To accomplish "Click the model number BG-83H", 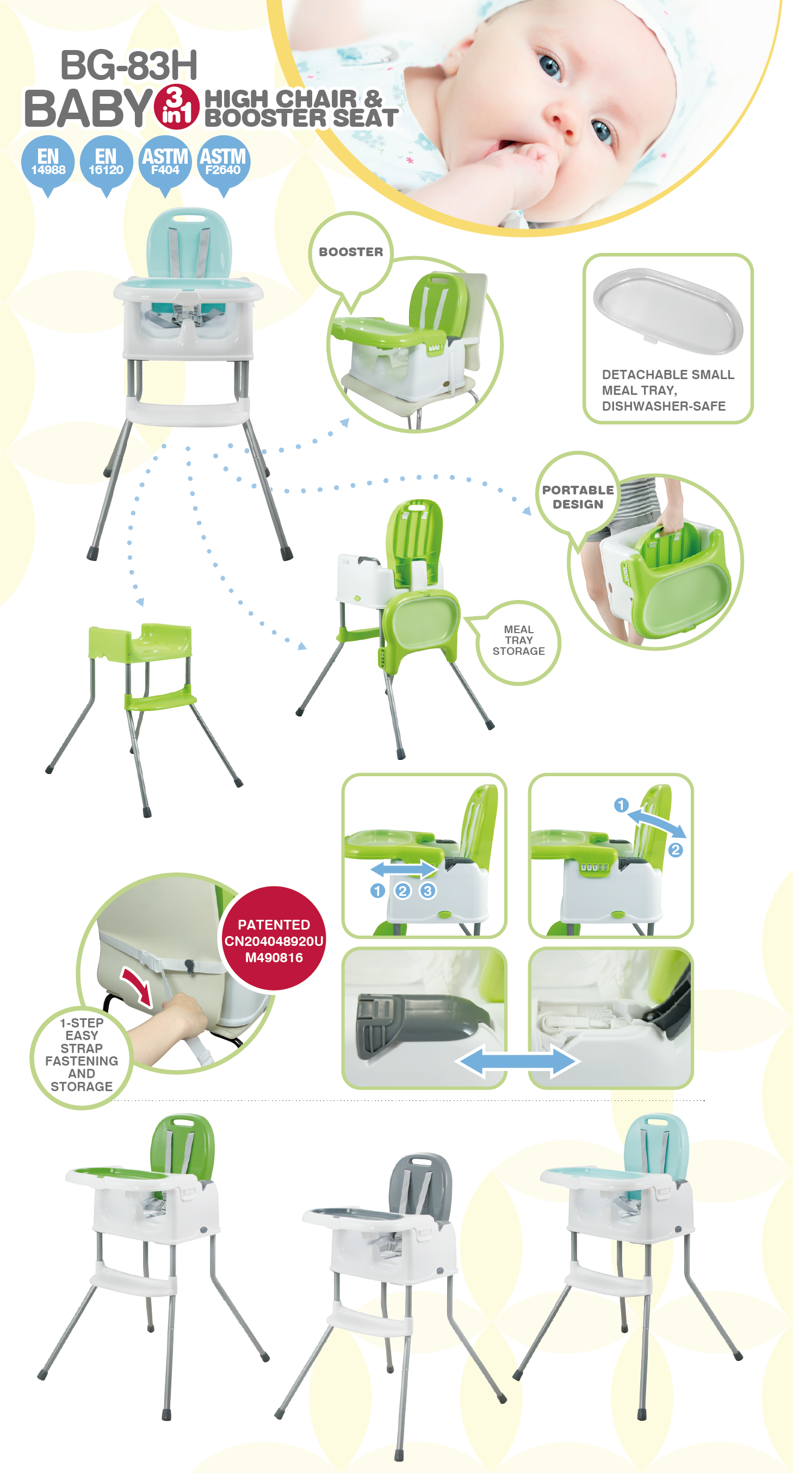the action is click(x=129, y=65).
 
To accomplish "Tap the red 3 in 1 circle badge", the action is click(x=177, y=107).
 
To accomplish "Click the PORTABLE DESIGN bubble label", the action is click(x=578, y=497).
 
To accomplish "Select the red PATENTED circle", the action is click(x=274, y=938).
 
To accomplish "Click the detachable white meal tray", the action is click(x=668, y=310).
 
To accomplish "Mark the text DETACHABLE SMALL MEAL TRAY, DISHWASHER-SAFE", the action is click(x=668, y=390).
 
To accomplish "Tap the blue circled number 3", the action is click(x=428, y=890).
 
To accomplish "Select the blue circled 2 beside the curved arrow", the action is click(x=675, y=850).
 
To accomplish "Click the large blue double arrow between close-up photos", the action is click(x=517, y=1061).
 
